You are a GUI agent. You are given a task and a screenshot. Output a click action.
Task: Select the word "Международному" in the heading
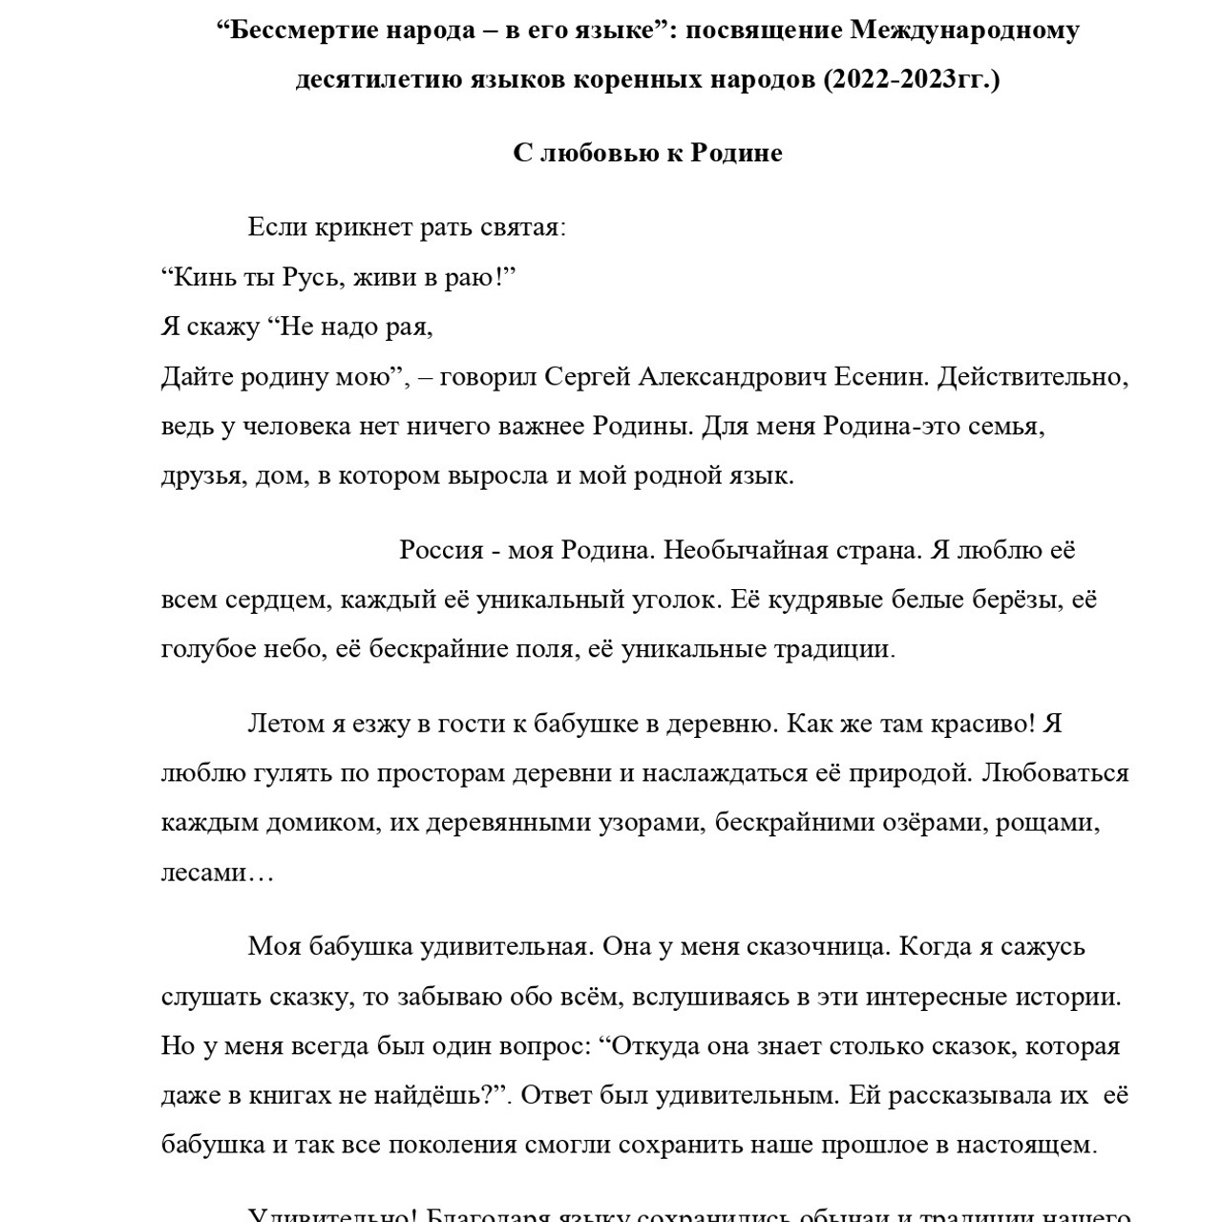(x=965, y=31)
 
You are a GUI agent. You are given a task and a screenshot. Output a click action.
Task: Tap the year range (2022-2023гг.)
(x=912, y=79)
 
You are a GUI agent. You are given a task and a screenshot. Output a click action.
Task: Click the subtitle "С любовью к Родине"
(x=647, y=153)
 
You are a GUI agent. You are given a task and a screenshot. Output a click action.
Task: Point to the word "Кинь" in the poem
(x=201, y=278)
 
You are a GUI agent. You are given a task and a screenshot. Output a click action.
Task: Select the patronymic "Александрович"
(x=731, y=377)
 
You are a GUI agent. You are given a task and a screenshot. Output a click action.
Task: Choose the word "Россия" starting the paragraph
(x=441, y=551)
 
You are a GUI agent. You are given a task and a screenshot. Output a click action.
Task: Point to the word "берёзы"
(x=1016, y=600)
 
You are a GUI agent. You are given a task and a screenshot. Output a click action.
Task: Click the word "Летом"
(x=285, y=725)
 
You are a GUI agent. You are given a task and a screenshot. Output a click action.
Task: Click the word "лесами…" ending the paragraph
(x=217, y=874)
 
